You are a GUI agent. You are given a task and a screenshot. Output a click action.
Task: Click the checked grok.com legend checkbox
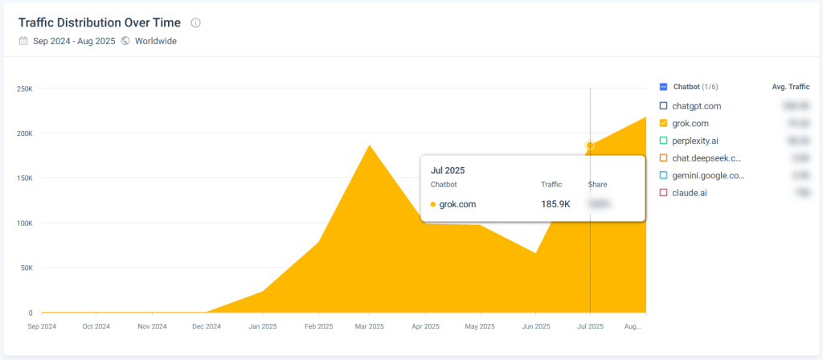[663, 123]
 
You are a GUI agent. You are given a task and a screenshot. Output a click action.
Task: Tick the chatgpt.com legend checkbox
[663, 105]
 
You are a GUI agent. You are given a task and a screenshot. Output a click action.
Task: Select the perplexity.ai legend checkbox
[663, 141]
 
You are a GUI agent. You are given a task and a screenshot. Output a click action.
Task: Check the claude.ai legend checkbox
[663, 193]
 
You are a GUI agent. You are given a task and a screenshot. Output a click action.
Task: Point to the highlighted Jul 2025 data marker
[590, 145]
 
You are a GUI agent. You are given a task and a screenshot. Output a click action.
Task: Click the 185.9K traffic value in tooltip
[555, 204]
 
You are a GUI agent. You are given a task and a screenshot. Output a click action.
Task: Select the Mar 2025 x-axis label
[369, 326]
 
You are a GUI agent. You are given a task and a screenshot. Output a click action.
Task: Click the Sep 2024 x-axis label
[42, 326]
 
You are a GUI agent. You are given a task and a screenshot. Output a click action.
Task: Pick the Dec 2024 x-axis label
[207, 326]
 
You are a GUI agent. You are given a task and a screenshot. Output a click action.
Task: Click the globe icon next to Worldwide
[125, 41]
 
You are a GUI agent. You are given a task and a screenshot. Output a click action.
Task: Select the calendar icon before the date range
[23, 41]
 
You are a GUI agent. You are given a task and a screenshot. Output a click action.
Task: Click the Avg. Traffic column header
[784, 87]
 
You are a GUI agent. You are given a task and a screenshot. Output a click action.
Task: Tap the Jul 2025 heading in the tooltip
[448, 170]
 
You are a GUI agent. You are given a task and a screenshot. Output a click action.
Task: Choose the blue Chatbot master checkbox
[663, 87]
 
